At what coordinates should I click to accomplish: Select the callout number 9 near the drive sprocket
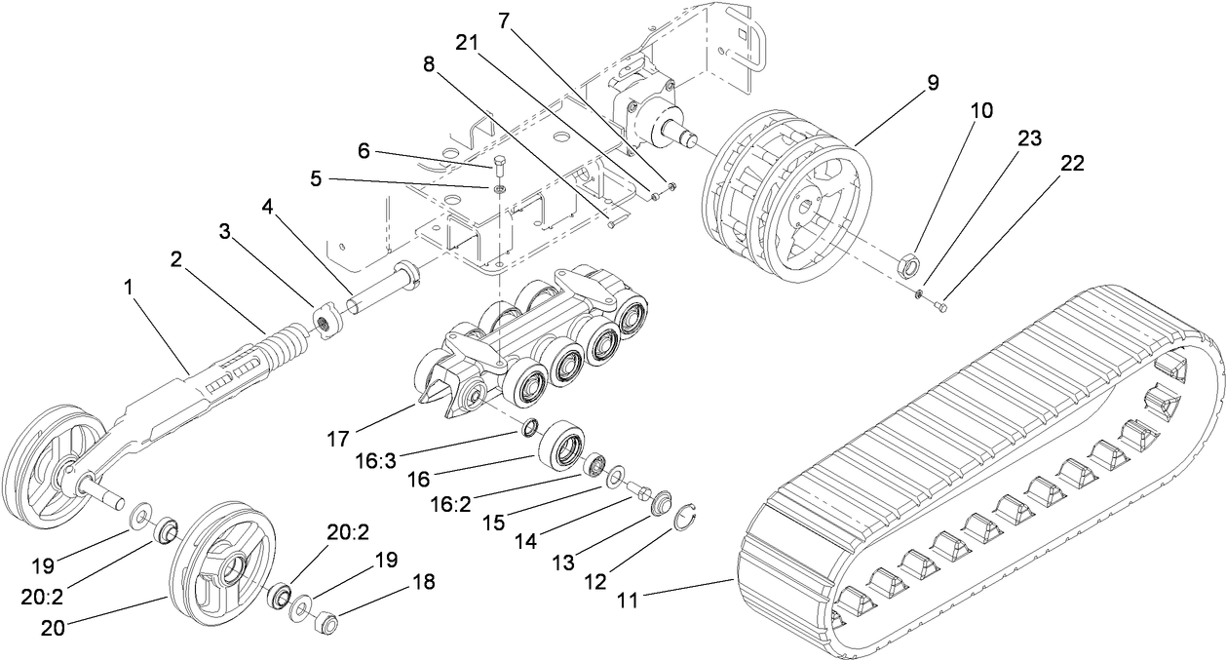(933, 83)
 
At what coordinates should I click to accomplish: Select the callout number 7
(504, 19)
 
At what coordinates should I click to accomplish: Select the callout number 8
(428, 65)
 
